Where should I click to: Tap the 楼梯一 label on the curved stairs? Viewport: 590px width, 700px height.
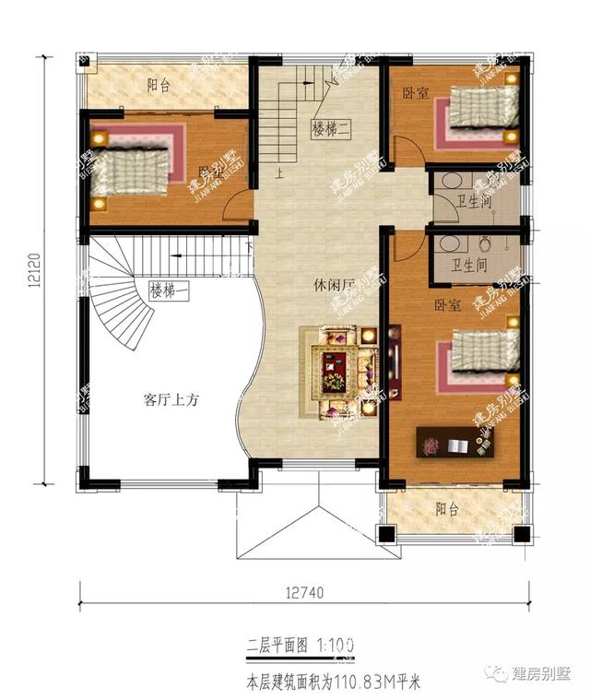coord(169,291)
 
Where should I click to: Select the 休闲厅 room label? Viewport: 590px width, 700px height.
coord(333,287)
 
